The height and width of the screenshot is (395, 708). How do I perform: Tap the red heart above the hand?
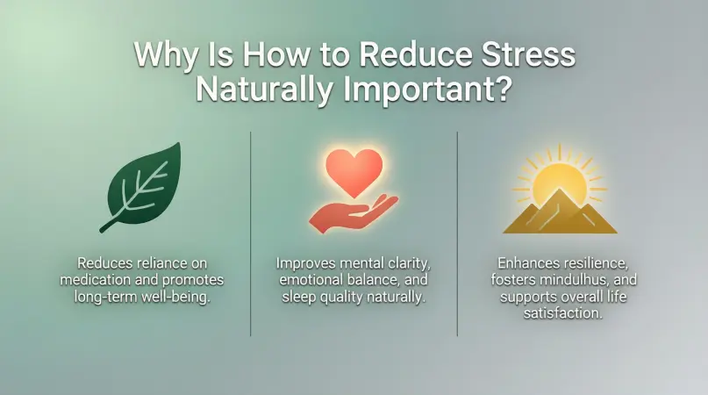point(354,172)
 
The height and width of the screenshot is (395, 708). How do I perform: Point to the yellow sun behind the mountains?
point(560,181)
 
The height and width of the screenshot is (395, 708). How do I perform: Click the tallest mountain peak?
point(560,190)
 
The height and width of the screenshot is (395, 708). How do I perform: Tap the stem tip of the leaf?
point(102,231)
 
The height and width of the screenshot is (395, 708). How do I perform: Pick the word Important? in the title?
point(427,90)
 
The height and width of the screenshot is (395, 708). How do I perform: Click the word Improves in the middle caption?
point(305,263)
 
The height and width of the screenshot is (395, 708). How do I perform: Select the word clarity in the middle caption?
point(410,263)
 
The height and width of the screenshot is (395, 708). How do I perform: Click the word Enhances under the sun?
point(527,262)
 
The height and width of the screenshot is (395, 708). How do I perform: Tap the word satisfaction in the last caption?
point(563,313)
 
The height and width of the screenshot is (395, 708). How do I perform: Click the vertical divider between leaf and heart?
point(251,234)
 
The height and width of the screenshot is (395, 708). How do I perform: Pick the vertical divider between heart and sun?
point(457,234)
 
